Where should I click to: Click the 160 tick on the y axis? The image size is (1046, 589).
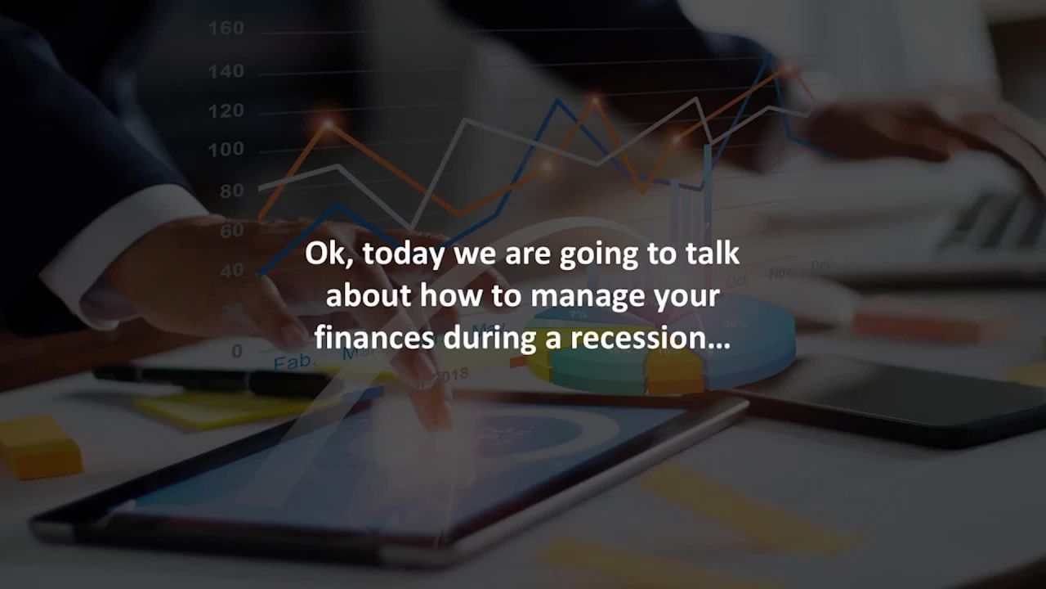226,29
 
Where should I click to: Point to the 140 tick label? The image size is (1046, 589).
226,71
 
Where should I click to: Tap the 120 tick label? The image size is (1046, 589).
226,110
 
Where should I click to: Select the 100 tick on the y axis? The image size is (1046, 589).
226,150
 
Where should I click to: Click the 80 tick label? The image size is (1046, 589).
230,191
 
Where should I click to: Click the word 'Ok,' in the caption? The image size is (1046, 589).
330,254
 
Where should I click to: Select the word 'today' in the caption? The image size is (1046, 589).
400,254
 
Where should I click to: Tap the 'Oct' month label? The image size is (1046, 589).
736,281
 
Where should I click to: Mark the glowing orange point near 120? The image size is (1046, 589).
595,101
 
